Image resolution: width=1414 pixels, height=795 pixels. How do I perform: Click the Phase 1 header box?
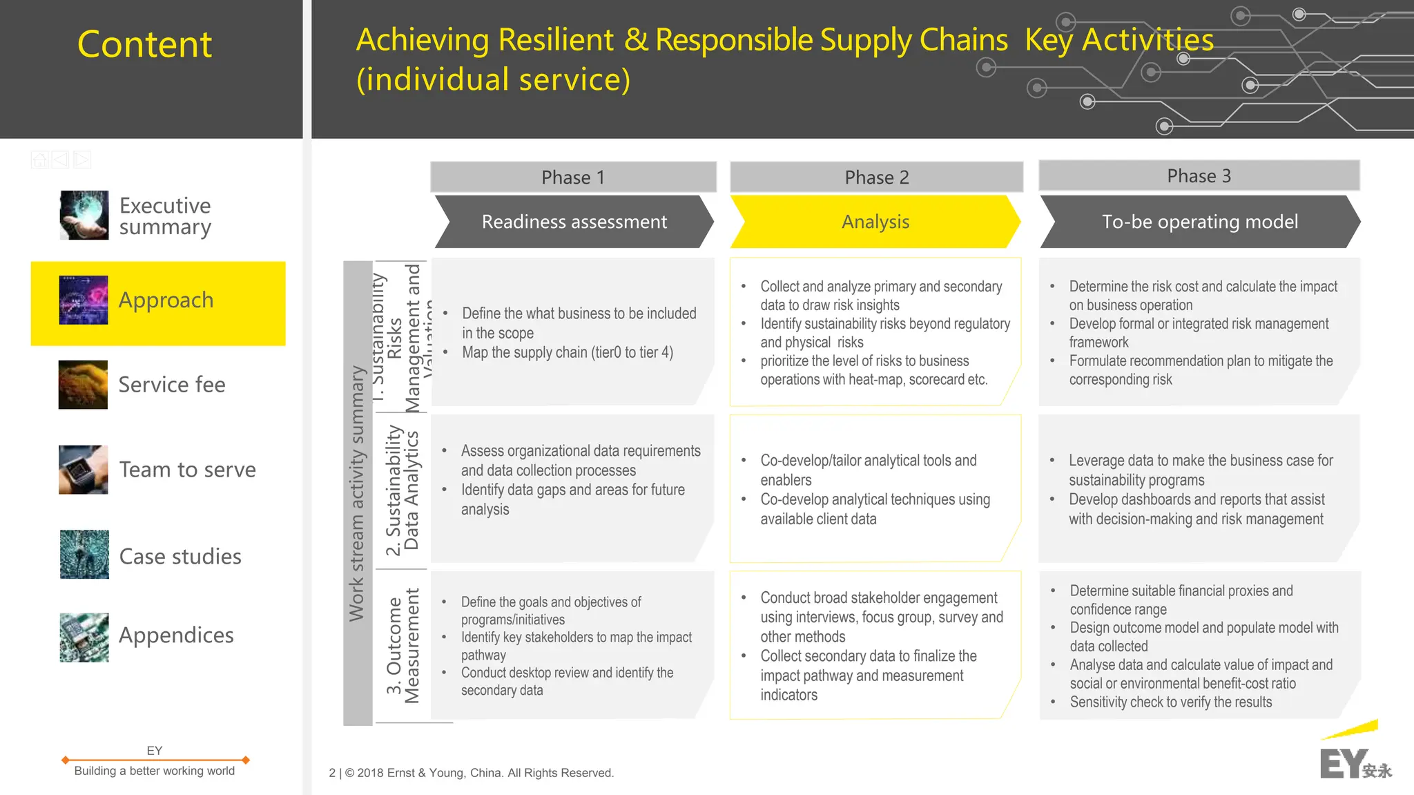pyautogui.click(x=573, y=178)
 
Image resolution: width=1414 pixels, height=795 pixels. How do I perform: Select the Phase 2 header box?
pyautogui.click(x=876, y=178)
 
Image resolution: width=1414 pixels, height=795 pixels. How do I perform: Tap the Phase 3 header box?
pyautogui.click(x=1199, y=176)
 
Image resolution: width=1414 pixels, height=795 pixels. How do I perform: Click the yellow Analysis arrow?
pyautogui.click(x=875, y=222)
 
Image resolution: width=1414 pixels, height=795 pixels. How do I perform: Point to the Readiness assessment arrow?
pyautogui.click(x=574, y=222)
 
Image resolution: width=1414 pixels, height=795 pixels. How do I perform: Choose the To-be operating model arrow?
pyautogui.click(x=1199, y=222)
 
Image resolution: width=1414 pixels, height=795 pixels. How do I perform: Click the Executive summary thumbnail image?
pyautogui.click(x=84, y=215)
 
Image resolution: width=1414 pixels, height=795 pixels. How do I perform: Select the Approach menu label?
pyautogui.click(x=166, y=300)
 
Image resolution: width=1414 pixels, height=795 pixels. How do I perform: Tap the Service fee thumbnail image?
pyautogui.click(x=84, y=385)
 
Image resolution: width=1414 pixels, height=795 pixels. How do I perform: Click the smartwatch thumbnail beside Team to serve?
pyautogui.click(x=84, y=470)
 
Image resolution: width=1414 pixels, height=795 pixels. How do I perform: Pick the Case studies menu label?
pyautogui.click(x=180, y=556)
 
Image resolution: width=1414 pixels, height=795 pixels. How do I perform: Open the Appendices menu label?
pyautogui.click(x=176, y=635)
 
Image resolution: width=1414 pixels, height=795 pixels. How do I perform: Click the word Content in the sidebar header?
pyautogui.click(x=144, y=44)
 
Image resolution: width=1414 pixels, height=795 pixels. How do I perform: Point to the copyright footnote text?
pyautogui.click(x=472, y=773)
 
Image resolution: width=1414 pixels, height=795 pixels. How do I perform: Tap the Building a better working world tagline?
pyautogui.click(x=154, y=771)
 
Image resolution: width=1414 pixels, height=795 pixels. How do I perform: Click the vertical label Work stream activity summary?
pyautogui.click(x=357, y=493)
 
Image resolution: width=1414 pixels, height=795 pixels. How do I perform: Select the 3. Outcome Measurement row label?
pyautogui.click(x=403, y=646)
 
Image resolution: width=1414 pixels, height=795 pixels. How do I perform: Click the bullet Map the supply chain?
pyautogui.click(x=567, y=352)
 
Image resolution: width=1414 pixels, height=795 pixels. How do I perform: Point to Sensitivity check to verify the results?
pyautogui.click(x=1170, y=702)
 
